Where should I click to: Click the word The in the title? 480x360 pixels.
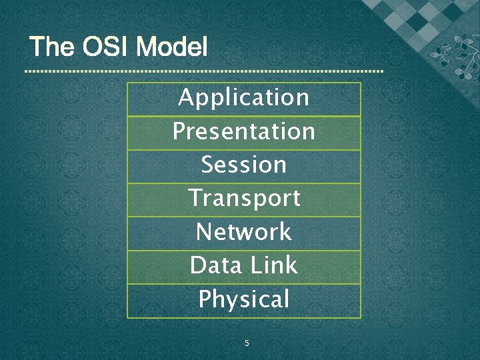pyautogui.click(x=53, y=47)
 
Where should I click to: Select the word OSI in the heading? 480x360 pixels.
pyautogui.click(x=105, y=47)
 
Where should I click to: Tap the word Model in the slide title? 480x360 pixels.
pyautogui.click(x=171, y=47)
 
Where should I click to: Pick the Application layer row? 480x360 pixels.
pyautogui.click(x=244, y=98)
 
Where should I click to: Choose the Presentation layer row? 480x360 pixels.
pyautogui.click(x=244, y=132)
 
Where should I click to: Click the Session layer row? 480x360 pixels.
pyautogui.click(x=244, y=165)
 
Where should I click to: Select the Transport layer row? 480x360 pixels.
pyautogui.click(x=244, y=199)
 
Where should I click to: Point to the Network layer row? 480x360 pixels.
pyautogui.click(x=244, y=233)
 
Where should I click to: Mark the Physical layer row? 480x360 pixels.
pyautogui.click(x=244, y=300)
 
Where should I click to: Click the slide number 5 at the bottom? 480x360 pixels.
pyautogui.click(x=247, y=343)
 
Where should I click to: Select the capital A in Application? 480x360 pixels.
pyautogui.click(x=186, y=98)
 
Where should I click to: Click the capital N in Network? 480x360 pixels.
pyautogui.click(x=203, y=233)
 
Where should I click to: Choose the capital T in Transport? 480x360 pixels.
pyautogui.click(x=195, y=199)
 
